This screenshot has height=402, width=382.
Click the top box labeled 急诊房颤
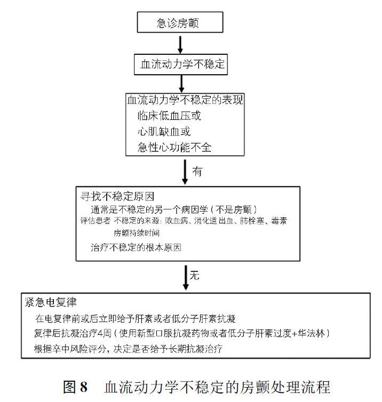tap(180, 22)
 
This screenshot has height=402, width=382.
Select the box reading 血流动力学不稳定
tap(181, 65)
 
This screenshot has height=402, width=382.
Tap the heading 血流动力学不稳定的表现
tap(185, 100)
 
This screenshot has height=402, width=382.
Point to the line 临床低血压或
tap(169, 116)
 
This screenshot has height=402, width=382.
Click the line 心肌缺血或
tap(164, 132)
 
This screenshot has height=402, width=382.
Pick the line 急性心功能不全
tap(174, 147)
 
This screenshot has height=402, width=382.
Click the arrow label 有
tap(197, 171)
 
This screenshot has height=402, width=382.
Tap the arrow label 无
tap(194, 275)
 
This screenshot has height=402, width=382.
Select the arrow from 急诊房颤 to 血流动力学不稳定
tap(180, 45)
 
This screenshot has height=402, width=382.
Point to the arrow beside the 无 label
tap(186, 278)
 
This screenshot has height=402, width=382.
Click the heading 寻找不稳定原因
tap(117, 197)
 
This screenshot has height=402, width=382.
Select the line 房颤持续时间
tap(137, 233)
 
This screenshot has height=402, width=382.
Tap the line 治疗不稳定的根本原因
tap(136, 248)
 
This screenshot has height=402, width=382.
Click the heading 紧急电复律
tap(51, 302)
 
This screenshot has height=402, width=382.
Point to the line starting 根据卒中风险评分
tap(128, 349)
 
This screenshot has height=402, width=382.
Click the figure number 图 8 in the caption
tap(75, 387)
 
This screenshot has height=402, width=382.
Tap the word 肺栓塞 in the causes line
tap(252, 221)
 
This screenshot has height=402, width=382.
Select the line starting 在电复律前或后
tap(136, 319)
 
